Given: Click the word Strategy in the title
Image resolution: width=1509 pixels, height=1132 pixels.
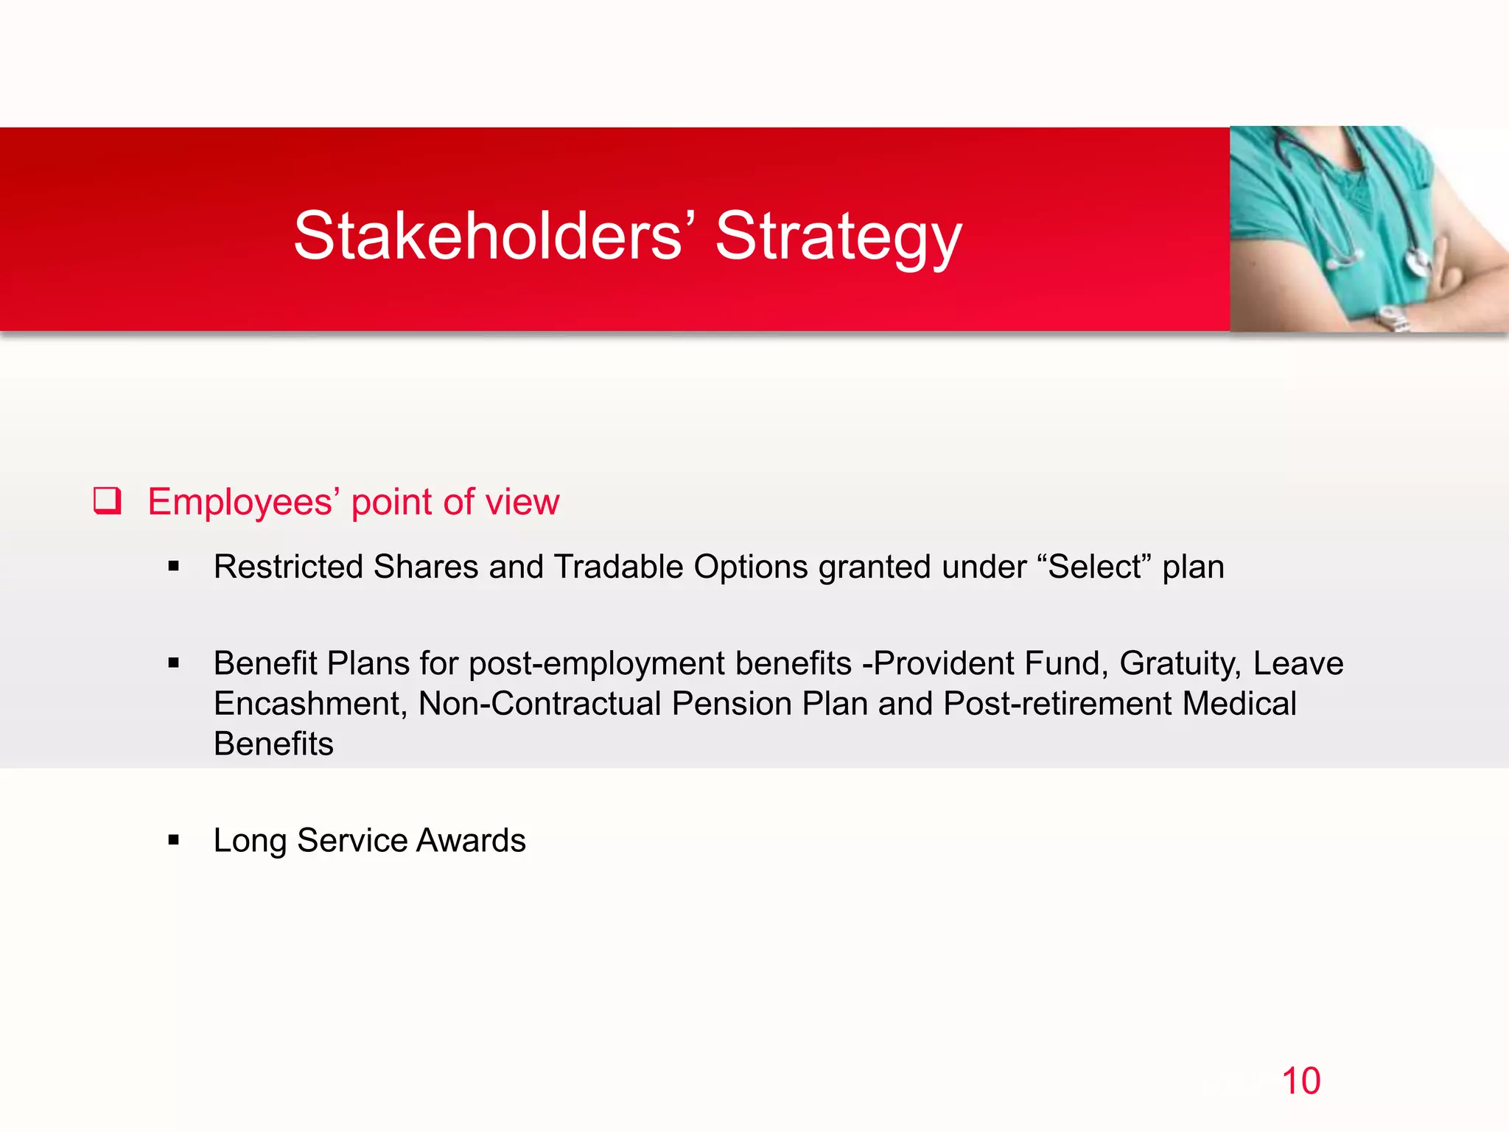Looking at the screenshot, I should pos(838,237).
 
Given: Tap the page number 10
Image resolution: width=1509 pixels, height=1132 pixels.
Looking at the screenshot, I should pos(1300,1081).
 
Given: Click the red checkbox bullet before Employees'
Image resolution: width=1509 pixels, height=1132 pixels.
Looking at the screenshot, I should pos(107,501).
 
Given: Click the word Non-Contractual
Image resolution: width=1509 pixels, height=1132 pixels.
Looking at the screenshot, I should pos(539,704).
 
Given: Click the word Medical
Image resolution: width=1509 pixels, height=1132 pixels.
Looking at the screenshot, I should pos(1239,704).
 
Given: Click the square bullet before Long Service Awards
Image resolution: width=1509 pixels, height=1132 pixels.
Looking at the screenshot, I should pos(174,840).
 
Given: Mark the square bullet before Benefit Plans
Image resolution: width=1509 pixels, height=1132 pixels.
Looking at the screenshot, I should pos(174,663).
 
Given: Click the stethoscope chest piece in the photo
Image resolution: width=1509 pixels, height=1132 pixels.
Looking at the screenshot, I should pos(1418,262).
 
